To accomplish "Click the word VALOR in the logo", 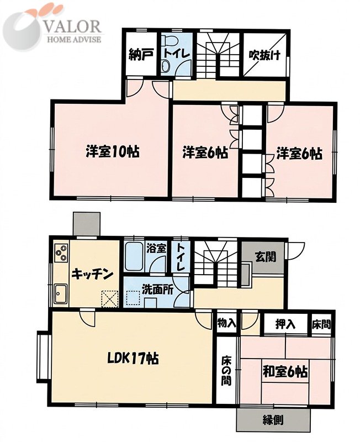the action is [x=73, y=27].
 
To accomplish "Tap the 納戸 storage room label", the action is [x=141, y=55].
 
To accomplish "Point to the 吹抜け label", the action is [x=265, y=55].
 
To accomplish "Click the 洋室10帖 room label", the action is [x=112, y=152].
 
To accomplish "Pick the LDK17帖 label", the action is [x=133, y=359].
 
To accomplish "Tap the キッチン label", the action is [x=92, y=273].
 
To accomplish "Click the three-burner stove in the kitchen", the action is [x=61, y=253].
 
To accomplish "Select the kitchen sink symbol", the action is [x=61, y=293].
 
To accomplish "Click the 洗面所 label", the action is [x=157, y=291].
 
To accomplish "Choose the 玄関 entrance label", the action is [x=266, y=257].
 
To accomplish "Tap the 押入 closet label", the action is [x=285, y=324].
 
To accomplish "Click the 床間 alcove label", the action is [x=321, y=325].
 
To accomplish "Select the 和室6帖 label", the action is [x=285, y=372].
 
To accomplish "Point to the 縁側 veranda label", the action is [x=273, y=420].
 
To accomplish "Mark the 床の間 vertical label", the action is [x=226, y=371].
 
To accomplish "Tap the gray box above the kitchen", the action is [x=87, y=224].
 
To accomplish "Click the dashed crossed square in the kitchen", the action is [x=110, y=298].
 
